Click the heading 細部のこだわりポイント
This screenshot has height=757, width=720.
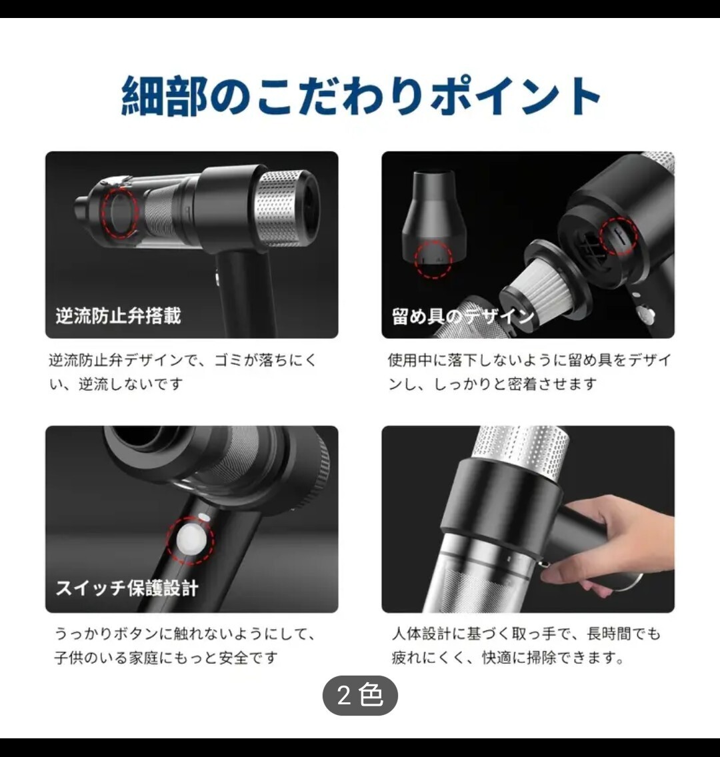[361, 95]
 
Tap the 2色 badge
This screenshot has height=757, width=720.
[360, 695]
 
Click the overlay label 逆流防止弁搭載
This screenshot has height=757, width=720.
[118, 315]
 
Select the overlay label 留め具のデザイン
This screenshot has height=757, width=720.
[463, 317]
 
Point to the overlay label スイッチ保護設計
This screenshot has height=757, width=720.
[127, 588]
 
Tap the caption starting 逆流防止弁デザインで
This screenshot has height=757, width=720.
[183, 371]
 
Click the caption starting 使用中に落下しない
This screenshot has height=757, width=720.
[529, 371]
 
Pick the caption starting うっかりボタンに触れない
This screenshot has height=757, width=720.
[185, 646]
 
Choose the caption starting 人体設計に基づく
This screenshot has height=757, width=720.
[526, 646]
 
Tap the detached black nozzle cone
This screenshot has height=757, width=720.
[433, 221]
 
